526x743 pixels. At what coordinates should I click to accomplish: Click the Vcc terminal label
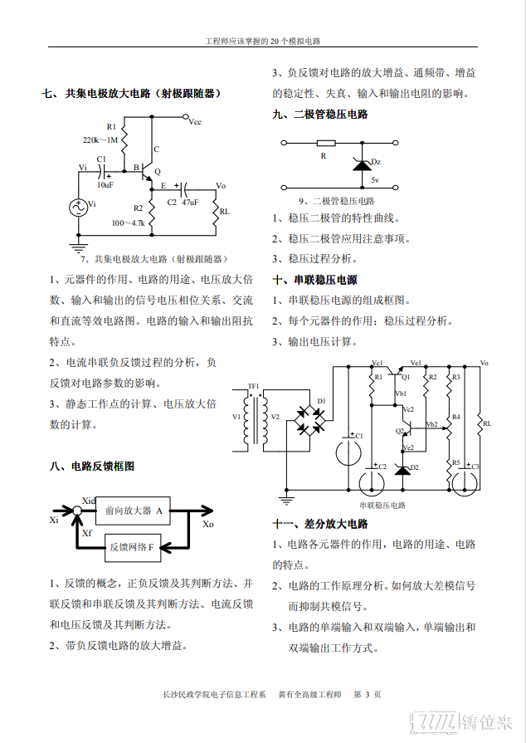click(x=195, y=122)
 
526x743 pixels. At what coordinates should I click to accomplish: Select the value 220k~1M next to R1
click(x=100, y=139)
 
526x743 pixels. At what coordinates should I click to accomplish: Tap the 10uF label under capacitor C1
click(x=105, y=185)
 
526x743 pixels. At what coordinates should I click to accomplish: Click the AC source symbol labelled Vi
click(x=79, y=208)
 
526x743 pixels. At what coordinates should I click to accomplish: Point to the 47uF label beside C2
click(x=190, y=203)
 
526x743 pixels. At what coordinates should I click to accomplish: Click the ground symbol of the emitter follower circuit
click(x=79, y=247)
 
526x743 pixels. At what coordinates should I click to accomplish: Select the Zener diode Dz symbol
click(x=363, y=165)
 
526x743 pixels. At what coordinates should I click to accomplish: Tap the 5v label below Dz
click(x=375, y=180)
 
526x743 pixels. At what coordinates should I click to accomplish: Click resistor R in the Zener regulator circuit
click(x=326, y=143)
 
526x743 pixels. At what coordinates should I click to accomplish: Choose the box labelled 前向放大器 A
click(x=133, y=511)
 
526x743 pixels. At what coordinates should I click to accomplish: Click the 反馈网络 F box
click(x=133, y=548)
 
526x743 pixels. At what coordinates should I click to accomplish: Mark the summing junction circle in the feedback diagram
click(x=76, y=511)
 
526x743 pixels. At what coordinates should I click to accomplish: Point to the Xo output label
click(x=208, y=524)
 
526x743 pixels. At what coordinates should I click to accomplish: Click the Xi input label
click(x=54, y=520)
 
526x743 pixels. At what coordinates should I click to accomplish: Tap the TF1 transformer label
click(x=254, y=386)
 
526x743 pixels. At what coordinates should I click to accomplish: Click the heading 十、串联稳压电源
click(x=314, y=280)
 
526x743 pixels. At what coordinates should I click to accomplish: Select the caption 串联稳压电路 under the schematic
click(x=382, y=506)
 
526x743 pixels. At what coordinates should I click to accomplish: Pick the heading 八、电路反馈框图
click(x=92, y=467)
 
